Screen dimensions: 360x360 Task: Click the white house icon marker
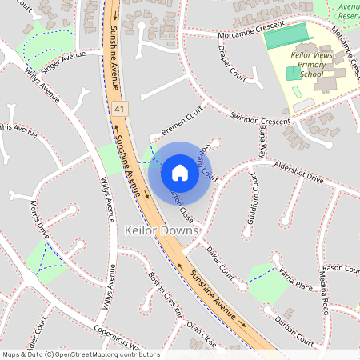point(180,173)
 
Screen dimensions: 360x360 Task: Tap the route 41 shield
point(120,107)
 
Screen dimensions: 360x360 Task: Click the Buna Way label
point(262,142)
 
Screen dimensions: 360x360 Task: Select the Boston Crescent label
point(166,293)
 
